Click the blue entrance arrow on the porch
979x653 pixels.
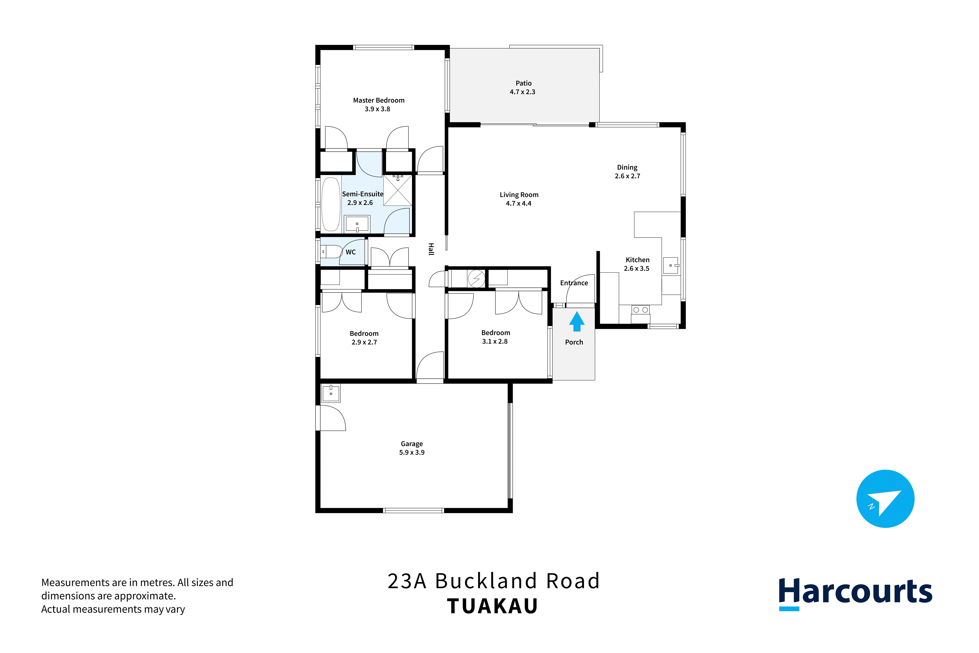(x=577, y=322)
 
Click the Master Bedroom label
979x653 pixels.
(x=379, y=100)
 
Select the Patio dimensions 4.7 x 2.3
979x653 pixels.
(x=523, y=92)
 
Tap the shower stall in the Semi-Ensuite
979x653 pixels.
(x=398, y=190)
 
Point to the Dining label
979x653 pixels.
(x=627, y=167)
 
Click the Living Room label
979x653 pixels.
(x=519, y=195)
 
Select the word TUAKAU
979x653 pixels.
(x=493, y=606)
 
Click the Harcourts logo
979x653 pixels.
(x=855, y=593)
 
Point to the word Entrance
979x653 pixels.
(x=574, y=283)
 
